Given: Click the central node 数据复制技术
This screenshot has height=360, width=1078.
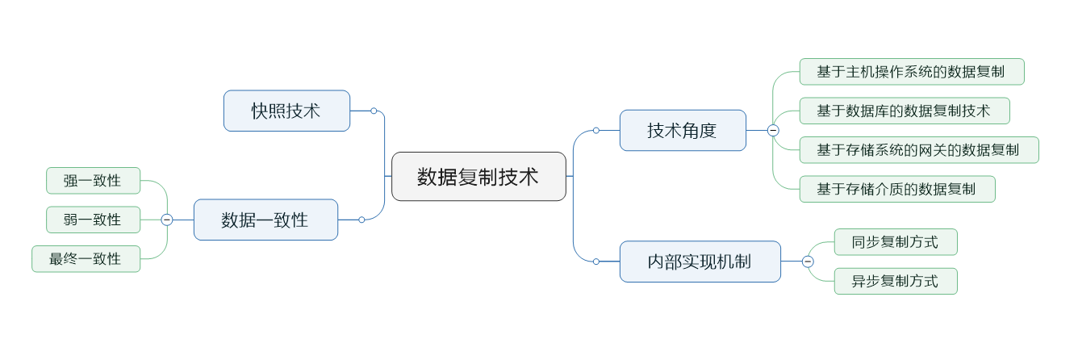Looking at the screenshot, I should click(478, 176).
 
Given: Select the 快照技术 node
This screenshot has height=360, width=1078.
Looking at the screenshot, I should click(286, 111).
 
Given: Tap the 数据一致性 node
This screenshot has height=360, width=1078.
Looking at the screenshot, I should click(265, 220).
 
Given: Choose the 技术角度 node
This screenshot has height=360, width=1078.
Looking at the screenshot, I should click(683, 130).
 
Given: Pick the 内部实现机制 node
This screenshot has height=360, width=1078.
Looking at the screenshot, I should click(700, 262).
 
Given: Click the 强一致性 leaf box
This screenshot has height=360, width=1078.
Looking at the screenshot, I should click(93, 181).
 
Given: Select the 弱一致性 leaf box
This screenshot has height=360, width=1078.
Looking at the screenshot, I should click(93, 220).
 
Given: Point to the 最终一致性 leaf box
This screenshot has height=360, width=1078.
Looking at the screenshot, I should click(86, 259).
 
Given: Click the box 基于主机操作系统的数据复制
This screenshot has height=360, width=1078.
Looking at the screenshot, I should click(911, 71).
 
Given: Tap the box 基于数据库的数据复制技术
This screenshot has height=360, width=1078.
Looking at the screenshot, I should click(904, 111).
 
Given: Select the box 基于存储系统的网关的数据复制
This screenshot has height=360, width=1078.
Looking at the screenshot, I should click(918, 149).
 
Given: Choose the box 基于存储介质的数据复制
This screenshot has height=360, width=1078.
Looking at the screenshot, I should click(896, 189).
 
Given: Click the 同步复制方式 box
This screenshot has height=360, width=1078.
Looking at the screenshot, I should click(895, 242).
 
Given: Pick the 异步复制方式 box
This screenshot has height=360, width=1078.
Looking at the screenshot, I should click(895, 281).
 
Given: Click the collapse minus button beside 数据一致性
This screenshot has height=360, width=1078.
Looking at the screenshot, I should click(167, 220).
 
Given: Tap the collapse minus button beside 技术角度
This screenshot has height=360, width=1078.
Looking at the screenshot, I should click(773, 130).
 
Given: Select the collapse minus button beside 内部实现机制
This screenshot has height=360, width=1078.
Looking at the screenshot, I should click(808, 262).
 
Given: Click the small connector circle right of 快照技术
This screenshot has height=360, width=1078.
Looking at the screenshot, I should click(374, 111).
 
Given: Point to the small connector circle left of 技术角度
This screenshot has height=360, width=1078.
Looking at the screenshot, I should click(596, 130).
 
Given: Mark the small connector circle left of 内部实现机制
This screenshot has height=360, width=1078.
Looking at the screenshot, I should click(596, 262).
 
